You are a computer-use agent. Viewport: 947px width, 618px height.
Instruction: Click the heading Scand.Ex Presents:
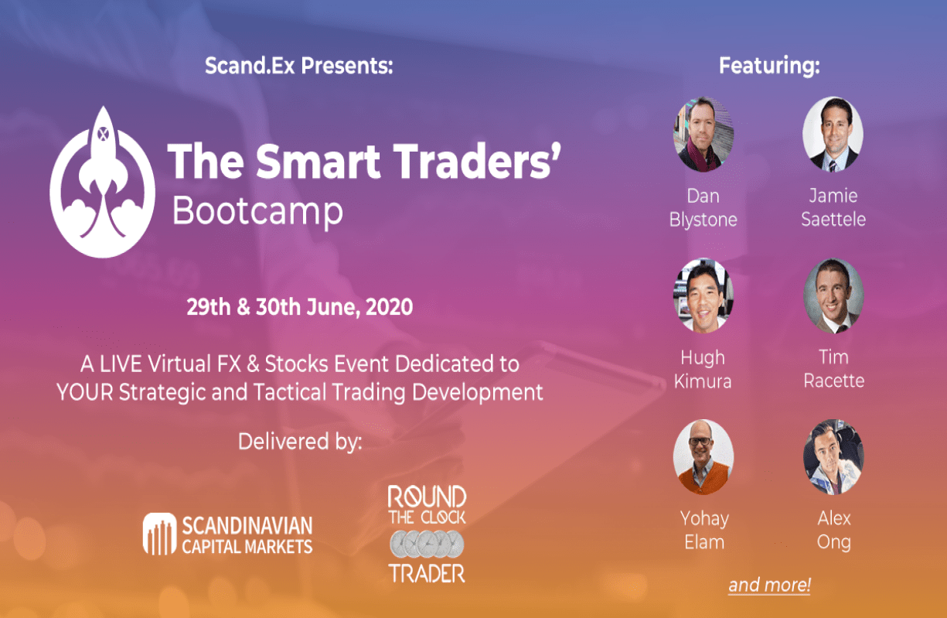(x=299, y=66)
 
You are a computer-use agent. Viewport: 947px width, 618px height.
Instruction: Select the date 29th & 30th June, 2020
(x=300, y=307)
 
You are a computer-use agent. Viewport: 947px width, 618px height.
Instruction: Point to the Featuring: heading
(x=768, y=66)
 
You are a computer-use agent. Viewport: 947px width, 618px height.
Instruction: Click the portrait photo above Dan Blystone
(x=703, y=134)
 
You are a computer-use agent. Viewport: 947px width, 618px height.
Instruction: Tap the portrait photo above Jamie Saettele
(x=833, y=134)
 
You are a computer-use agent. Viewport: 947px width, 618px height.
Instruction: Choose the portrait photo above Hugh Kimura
(x=703, y=295)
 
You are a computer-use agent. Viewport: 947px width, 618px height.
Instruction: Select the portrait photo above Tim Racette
(x=833, y=295)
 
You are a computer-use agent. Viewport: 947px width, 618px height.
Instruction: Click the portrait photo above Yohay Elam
(x=703, y=457)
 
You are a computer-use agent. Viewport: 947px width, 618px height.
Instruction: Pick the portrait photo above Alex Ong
(x=833, y=457)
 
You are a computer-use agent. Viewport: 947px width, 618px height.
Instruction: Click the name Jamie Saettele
(x=833, y=207)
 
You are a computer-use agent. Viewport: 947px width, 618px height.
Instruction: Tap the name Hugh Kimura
(x=703, y=369)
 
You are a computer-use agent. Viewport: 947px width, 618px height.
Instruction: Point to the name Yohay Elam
(x=703, y=530)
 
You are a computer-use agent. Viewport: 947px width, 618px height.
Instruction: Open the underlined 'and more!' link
(x=768, y=586)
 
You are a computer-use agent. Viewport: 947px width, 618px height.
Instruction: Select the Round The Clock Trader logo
(x=427, y=534)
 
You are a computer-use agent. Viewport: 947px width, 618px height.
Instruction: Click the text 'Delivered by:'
(x=299, y=442)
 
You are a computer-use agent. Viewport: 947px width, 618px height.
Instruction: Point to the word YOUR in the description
(x=84, y=392)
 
